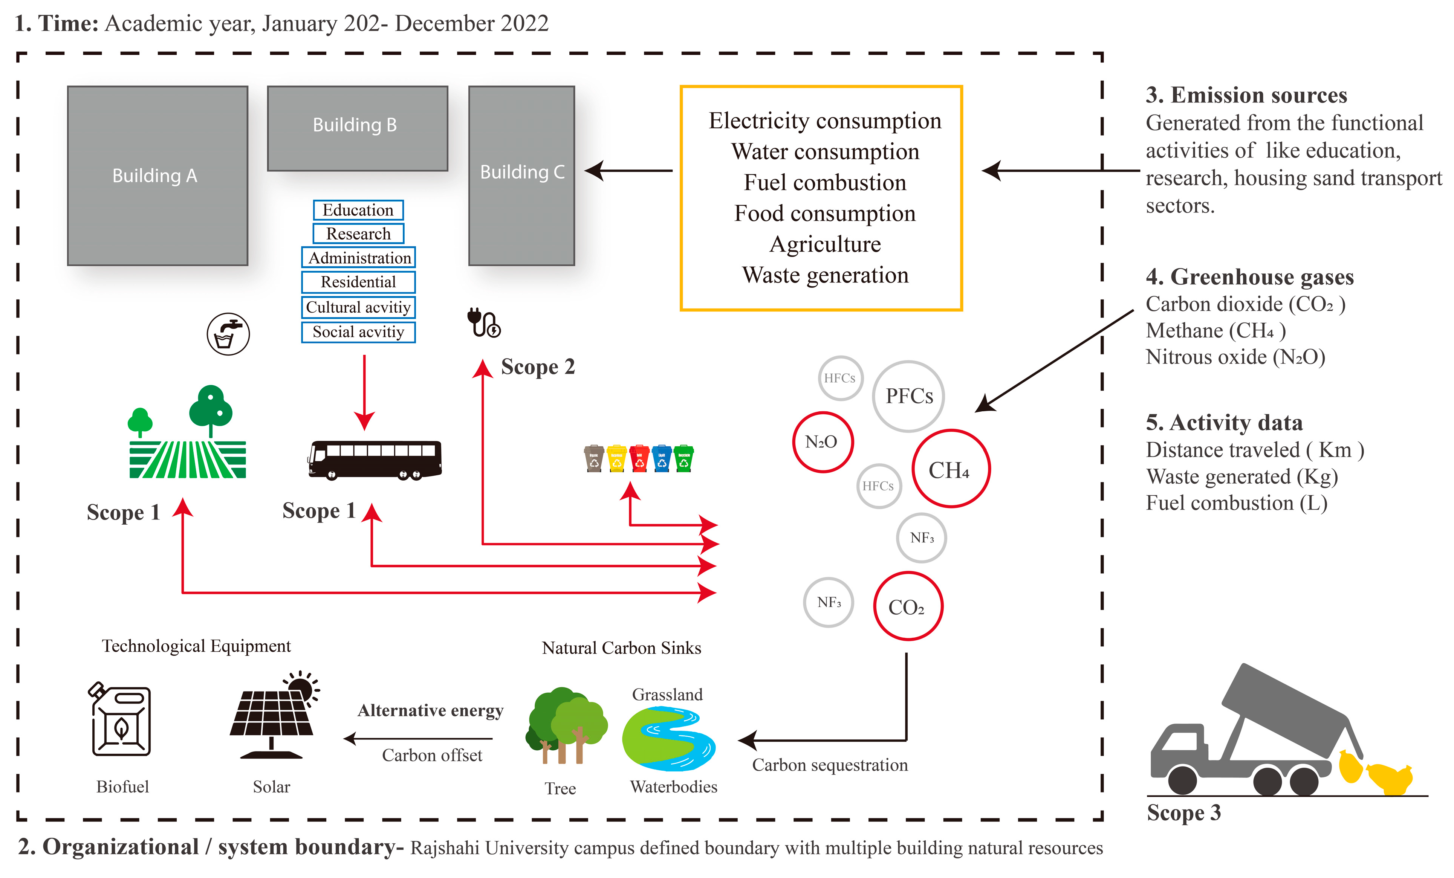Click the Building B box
coord(357,128)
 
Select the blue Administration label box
coord(358,258)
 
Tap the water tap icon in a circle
coord(228,334)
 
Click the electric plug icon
coord(483,323)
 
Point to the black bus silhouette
coord(375,459)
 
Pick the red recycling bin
coord(639,458)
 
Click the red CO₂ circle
coord(908,606)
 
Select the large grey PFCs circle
coord(909,396)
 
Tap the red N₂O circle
coord(822,442)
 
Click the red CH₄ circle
coord(950,469)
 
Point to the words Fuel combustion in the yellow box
coord(824,182)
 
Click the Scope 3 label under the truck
coord(1183,812)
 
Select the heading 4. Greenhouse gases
coord(1249,277)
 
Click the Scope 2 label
coord(538,366)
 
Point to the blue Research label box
coord(358,234)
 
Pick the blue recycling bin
coord(662,458)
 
